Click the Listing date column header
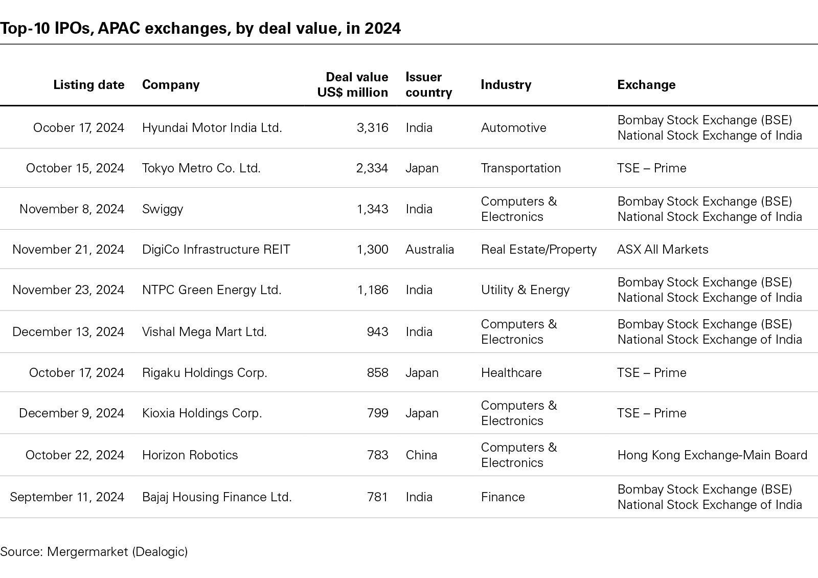[x=88, y=85]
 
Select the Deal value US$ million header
[x=352, y=85]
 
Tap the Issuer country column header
[x=428, y=85]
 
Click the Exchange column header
[x=646, y=85]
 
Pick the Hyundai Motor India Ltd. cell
[x=212, y=128]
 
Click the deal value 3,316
[x=372, y=128]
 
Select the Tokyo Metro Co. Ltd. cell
[x=201, y=168]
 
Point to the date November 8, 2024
[x=72, y=209]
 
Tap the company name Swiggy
[x=163, y=209]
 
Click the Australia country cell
[x=429, y=250]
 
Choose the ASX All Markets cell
[x=663, y=250]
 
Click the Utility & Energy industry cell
[x=525, y=290]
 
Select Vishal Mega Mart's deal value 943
[x=377, y=332]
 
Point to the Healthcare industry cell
[x=511, y=373]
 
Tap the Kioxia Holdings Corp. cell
[x=202, y=413]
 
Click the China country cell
[x=421, y=455]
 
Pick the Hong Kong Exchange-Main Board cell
[x=712, y=455]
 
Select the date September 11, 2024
[x=67, y=497]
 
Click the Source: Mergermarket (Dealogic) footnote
[x=94, y=552]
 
